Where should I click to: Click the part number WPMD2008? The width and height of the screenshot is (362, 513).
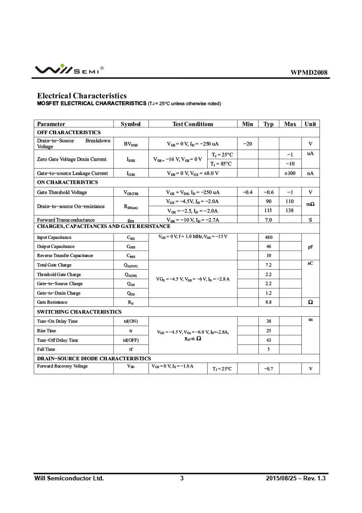point(309,73)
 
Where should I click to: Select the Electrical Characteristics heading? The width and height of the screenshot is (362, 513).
point(82,96)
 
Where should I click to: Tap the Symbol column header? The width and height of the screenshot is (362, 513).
point(130,124)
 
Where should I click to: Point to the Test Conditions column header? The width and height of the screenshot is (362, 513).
point(192,124)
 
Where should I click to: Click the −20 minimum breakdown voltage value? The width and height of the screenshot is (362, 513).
point(248,144)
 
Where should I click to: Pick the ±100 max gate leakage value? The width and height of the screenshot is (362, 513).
point(290,173)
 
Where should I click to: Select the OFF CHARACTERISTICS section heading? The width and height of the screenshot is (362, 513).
point(69,132)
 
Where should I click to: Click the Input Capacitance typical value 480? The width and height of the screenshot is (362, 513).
point(269,237)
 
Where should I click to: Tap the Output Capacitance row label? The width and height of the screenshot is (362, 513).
point(56,247)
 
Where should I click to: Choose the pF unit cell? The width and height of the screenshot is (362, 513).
point(310,247)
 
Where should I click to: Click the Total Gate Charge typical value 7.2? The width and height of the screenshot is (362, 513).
point(269,265)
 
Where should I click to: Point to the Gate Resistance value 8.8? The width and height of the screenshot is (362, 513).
point(269,302)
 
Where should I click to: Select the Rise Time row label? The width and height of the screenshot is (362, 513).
point(47,331)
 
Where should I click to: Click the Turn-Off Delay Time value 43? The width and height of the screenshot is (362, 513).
point(269,340)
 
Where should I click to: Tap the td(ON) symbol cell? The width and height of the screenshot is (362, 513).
point(131,321)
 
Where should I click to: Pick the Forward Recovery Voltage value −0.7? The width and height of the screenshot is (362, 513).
point(269,368)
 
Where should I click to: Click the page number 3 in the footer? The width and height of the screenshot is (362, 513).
point(182,478)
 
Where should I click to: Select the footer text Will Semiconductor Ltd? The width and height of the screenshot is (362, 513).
point(69,478)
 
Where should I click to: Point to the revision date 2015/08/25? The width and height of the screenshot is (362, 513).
point(280,478)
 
